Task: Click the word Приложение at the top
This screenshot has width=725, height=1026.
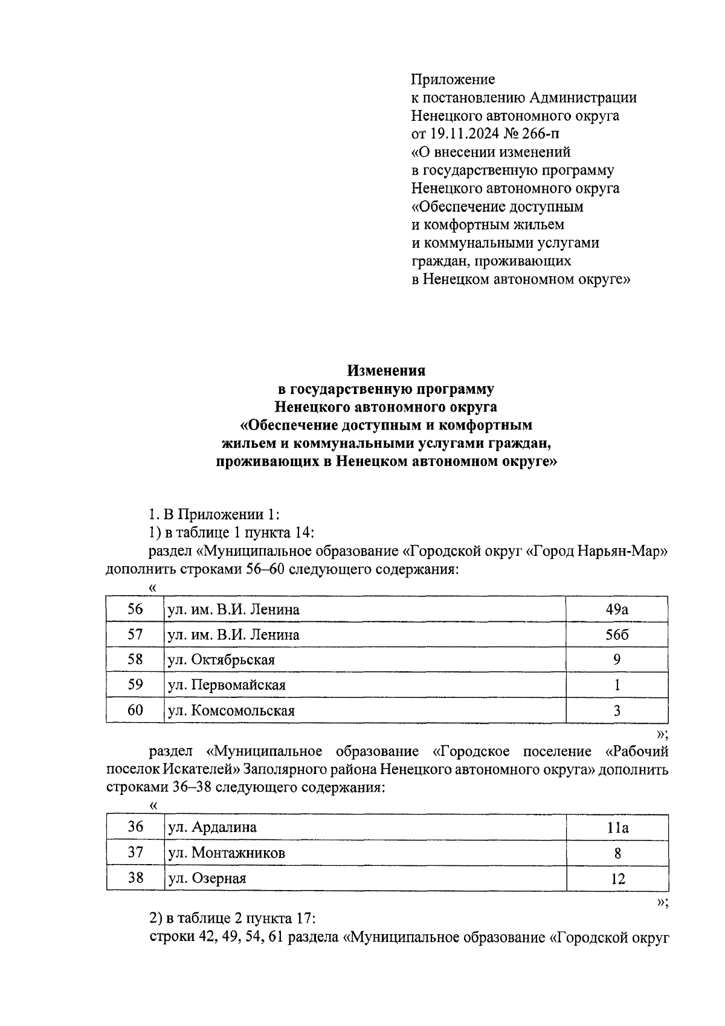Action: [x=453, y=79]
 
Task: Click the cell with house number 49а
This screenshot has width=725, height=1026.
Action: [x=617, y=609]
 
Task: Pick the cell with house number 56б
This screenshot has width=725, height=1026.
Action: [x=617, y=634]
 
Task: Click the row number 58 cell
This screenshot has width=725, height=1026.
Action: [x=135, y=660]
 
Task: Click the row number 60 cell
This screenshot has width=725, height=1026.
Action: [x=135, y=711]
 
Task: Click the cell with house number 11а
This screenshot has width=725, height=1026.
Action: [x=617, y=827]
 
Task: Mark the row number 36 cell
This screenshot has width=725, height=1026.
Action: [x=135, y=827]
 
